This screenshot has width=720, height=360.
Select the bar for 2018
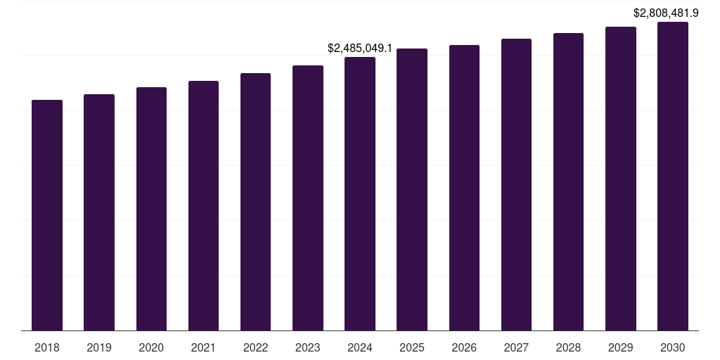click(x=47, y=214)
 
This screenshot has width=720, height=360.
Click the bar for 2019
click(x=99, y=212)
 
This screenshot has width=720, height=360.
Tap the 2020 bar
click(x=151, y=208)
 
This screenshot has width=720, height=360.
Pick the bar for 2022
click(x=255, y=201)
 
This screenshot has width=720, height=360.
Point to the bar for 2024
click(x=360, y=193)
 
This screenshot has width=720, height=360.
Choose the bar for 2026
click(x=464, y=187)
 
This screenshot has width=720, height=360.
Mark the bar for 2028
click(x=568, y=181)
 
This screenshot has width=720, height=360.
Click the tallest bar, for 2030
click(x=673, y=176)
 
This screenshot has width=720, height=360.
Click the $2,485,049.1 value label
click(x=360, y=49)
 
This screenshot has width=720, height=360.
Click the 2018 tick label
click(x=47, y=347)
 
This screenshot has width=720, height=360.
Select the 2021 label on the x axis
click(x=203, y=347)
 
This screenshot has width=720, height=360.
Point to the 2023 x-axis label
click(x=308, y=347)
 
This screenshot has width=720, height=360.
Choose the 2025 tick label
click(x=412, y=347)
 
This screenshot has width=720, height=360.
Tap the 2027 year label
click(x=516, y=347)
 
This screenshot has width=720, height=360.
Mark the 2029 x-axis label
click(x=620, y=347)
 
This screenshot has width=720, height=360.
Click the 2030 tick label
click(x=673, y=347)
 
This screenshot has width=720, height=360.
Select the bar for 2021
click(x=203, y=205)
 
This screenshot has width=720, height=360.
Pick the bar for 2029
click(x=620, y=179)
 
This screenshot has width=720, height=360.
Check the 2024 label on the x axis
click(x=360, y=347)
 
